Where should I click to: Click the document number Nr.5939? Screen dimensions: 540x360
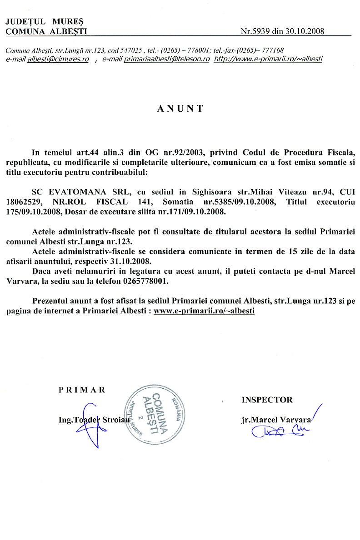pos(255,31)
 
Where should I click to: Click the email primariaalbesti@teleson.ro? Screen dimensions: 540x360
pos(166,59)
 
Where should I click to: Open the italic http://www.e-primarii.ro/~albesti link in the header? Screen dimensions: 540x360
pos(268,59)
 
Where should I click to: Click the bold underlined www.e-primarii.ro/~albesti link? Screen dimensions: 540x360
pos(204,311)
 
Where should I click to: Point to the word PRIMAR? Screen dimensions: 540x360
pos(82,389)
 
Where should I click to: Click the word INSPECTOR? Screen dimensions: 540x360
pos(267,400)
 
